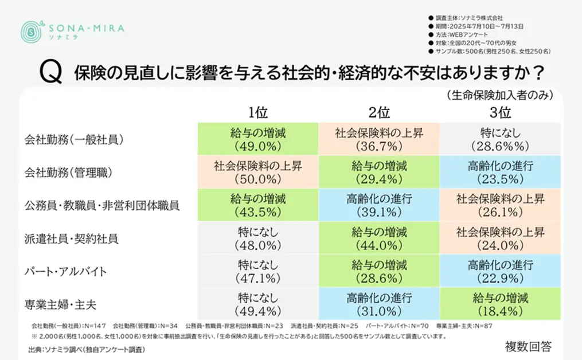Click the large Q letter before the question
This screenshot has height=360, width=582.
click(49, 74)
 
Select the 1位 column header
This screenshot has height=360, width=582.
click(258, 111)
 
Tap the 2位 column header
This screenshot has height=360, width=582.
click(378, 111)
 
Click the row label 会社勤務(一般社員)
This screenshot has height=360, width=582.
click(75, 139)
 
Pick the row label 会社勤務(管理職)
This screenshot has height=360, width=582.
click(71, 172)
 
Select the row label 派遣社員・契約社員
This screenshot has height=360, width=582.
click(72, 238)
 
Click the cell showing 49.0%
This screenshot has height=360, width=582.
click(258, 139)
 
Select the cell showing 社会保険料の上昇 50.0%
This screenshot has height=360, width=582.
click(258, 172)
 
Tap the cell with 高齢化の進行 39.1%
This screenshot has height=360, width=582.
click(378, 205)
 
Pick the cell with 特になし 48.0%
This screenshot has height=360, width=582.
click(258, 238)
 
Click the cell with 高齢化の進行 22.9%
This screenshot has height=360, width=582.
click(500, 271)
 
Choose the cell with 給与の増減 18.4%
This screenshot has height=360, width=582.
click(500, 303)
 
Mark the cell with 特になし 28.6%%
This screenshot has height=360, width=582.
click(500, 139)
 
